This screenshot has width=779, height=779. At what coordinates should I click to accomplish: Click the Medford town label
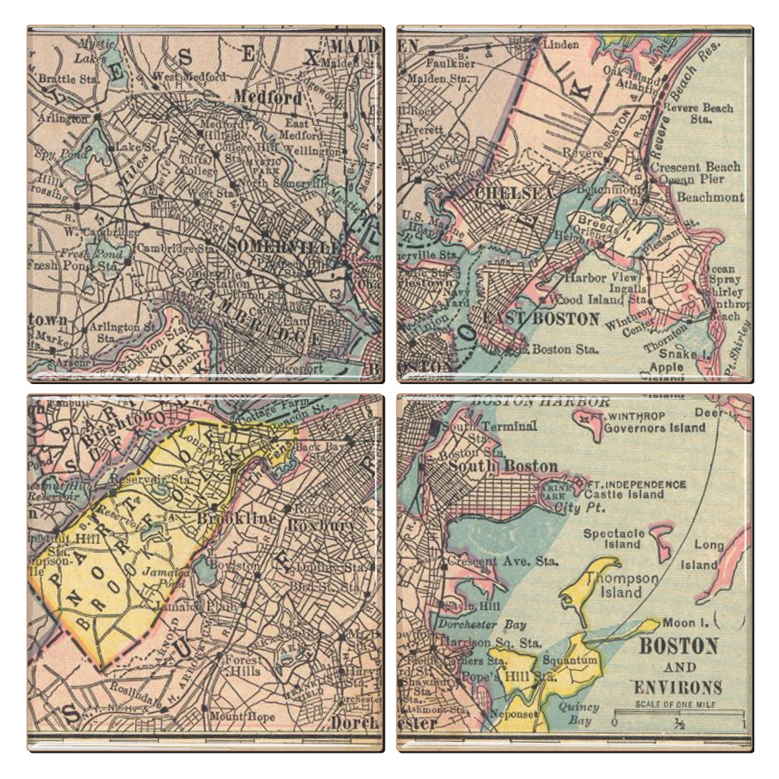(268, 98)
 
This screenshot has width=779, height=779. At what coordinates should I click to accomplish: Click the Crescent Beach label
(695, 167)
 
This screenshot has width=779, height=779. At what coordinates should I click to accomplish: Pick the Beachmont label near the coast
(710, 197)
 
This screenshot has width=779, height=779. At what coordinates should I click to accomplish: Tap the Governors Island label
(655, 427)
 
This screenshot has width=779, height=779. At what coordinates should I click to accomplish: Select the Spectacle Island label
(614, 538)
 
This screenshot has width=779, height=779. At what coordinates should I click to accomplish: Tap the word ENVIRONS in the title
(678, 687)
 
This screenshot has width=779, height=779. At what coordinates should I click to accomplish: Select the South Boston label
(503, 466)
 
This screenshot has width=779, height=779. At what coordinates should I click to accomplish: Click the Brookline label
(237, 519)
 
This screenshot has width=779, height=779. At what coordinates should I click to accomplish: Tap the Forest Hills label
(241, 666)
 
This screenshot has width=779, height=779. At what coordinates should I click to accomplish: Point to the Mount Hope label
(242, 717)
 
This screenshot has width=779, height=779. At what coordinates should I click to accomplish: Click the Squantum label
(570, 661)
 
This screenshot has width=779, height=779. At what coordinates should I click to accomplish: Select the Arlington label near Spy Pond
(65, 118)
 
